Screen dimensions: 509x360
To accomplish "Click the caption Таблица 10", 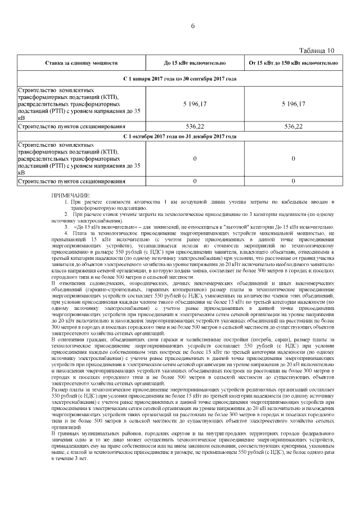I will click(320, 51).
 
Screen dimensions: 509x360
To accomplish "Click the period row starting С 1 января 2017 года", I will click(179, 79).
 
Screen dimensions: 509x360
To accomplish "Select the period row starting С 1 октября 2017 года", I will click(179, 136).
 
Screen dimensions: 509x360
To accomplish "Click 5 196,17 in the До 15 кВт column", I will click(194, 104).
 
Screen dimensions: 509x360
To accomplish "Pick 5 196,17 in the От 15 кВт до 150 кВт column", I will click(293, 104).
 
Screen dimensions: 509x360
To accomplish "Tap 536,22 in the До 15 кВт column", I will click(194, 127).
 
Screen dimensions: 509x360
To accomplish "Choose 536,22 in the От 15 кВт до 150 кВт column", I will click(293, 127).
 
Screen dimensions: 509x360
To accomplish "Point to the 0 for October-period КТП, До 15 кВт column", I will click(194, 159).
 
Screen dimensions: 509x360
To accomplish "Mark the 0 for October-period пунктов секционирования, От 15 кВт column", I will click(293, 182).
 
